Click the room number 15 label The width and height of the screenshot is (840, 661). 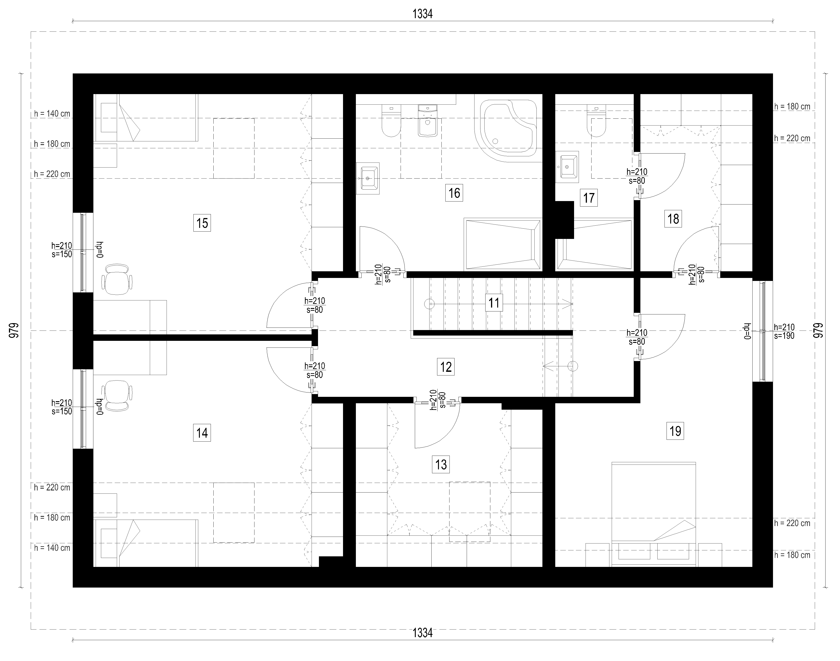(202, 223)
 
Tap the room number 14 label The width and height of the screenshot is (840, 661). (202, 433)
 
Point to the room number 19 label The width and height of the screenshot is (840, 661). (675, 431)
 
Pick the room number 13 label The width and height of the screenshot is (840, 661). (441, 464)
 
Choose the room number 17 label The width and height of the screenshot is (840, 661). (589, 198)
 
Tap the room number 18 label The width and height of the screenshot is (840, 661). (673, 219)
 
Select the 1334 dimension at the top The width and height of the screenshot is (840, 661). (422, 14)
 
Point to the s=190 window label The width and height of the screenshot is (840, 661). (784, 336)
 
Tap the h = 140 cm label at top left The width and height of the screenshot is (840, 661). (52, 114)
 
